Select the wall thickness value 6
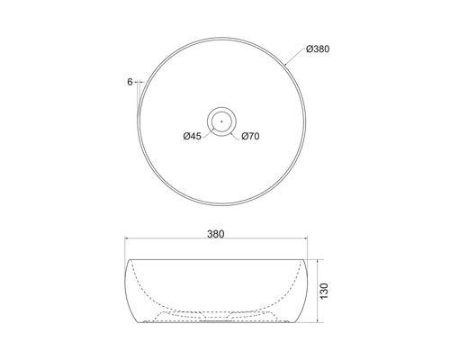point(130,82)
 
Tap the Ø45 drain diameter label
point(191,137)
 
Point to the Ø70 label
point(251,137)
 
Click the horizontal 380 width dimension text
point(216,234)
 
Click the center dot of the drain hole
point(221,118)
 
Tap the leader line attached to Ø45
point(208,132)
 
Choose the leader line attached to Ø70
point(236,132)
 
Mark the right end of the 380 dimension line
point(310,240)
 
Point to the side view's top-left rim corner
point(127,260)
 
